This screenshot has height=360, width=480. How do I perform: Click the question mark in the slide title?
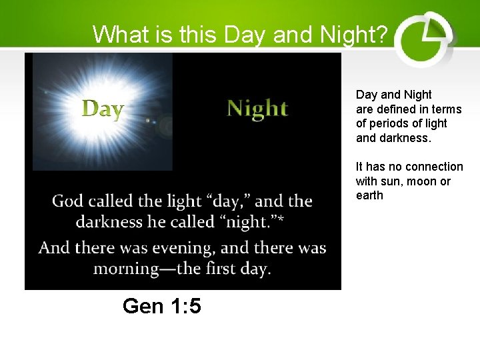click(380, 34)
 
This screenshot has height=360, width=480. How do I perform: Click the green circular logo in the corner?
click(424, 38)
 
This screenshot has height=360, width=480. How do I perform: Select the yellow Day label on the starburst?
click(103, 109)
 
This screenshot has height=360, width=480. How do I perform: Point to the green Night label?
click(257, 108)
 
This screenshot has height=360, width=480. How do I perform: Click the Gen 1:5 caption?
click(162, 306)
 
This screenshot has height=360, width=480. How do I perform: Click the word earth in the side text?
click(369, 196)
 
